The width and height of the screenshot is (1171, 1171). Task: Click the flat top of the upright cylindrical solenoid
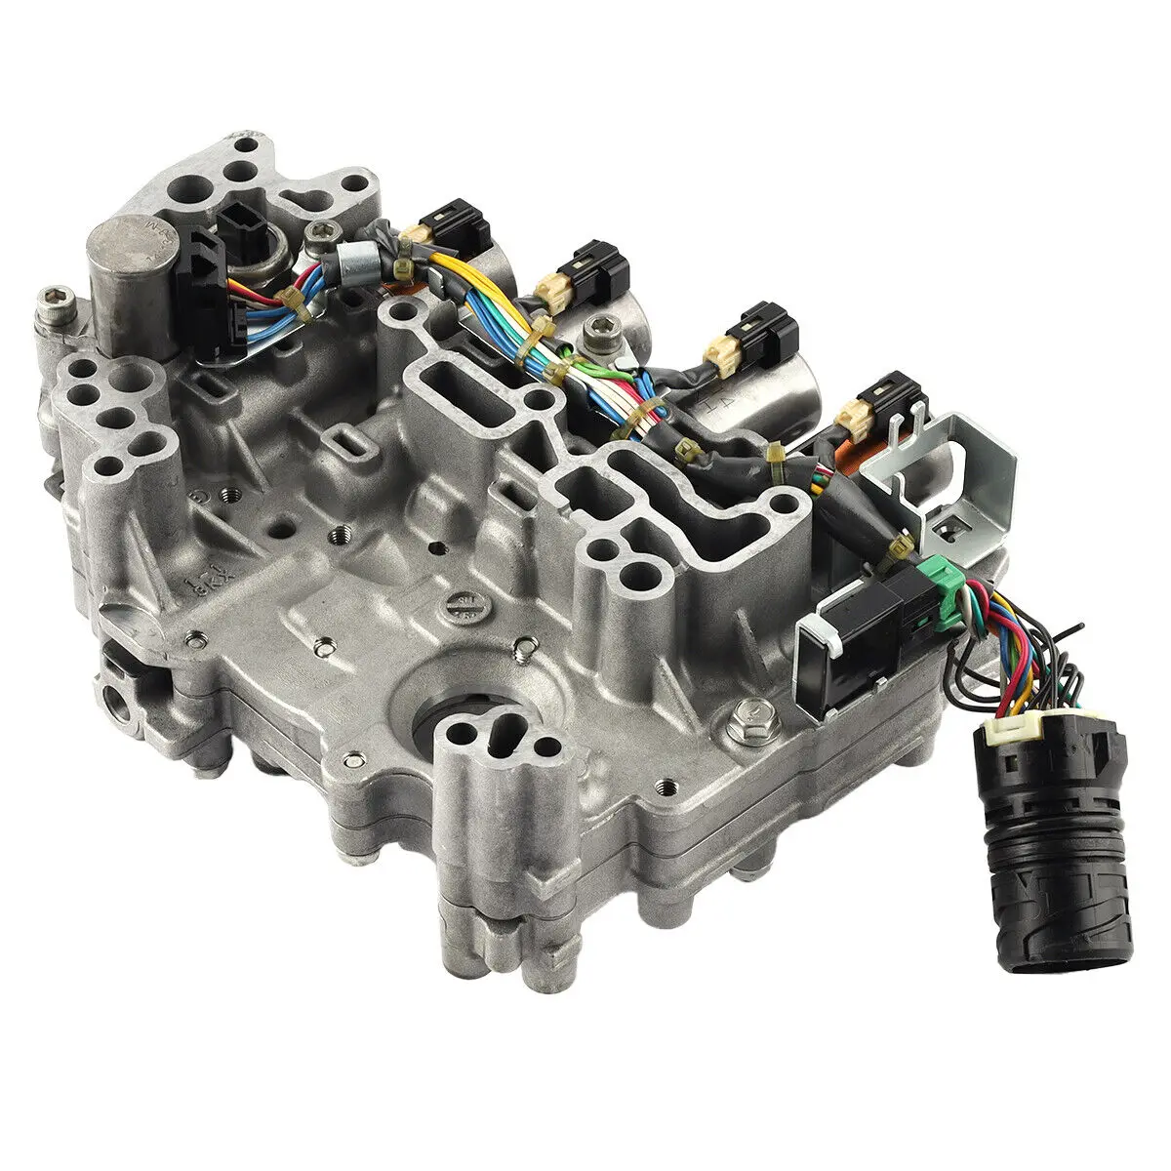point(127,243)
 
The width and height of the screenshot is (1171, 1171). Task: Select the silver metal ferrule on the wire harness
point(350,262)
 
